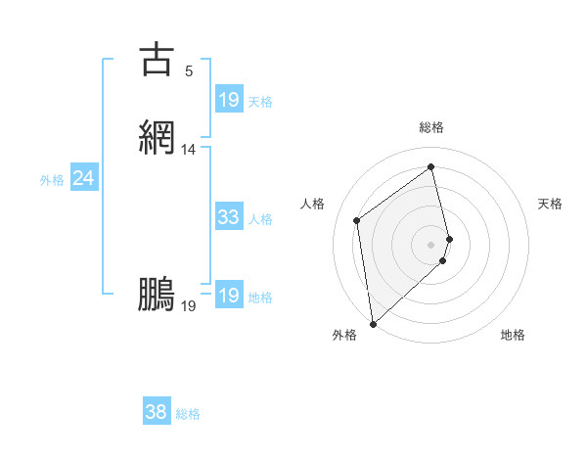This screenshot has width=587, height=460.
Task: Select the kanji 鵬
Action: (157, 295)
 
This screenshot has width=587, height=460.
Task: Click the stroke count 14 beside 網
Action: (189, 150)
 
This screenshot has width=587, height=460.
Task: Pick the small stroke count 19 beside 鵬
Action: (189, 306)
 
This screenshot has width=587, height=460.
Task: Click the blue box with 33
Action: (228, 217)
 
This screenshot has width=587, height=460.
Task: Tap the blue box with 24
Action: (84, 178)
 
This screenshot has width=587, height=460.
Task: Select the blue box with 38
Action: (156, 412)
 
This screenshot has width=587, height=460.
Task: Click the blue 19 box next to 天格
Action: (228, 100)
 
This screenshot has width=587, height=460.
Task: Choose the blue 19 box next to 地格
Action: (228, 296)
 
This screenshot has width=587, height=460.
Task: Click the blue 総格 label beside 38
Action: (188, 414)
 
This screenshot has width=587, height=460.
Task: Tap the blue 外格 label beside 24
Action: (52, 180)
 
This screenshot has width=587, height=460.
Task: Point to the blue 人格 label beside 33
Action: (261, 219)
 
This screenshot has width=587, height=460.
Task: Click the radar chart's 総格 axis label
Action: (431, 127)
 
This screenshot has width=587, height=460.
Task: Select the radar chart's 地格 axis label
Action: (513, 335)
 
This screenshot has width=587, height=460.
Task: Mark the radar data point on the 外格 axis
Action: (372, 324)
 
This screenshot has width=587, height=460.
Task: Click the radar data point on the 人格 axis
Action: (357, 219)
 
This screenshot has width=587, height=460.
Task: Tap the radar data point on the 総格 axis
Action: (431, 166)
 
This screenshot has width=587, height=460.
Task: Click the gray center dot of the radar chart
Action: (431, 244)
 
